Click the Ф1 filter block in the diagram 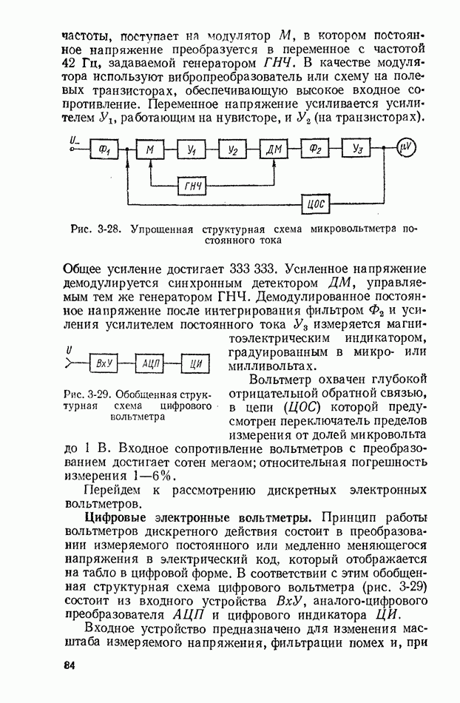[x=103, y=150]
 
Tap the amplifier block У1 [x=191, y=150]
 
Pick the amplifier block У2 [x=232, y=150]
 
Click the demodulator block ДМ [x=275, y=150]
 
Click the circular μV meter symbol [x=406, y=149]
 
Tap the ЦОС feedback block [x=316, y=203]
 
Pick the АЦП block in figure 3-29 [x=150, y=363]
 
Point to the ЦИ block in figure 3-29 [x=196, y=363]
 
